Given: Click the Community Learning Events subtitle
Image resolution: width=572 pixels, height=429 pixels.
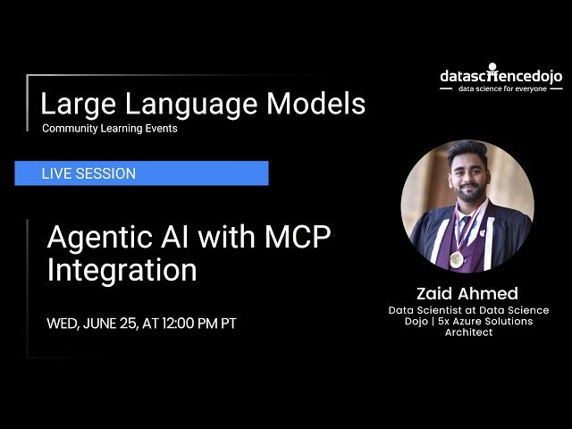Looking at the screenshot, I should coord(109,129).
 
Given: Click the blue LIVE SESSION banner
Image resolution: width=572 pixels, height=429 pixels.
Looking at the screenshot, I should coord(141,173).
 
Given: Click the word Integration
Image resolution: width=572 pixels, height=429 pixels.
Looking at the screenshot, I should coord(122,270).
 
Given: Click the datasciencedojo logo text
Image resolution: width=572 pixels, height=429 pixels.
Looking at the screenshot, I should coord(500,77).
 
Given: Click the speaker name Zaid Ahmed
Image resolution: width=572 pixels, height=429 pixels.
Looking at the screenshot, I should coord(467,293).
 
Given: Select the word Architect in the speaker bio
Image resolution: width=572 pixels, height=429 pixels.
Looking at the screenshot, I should coord(468,332).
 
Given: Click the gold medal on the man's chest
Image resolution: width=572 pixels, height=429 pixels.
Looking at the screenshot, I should coord(457,258).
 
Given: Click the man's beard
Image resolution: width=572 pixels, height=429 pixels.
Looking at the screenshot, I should coord(466,196).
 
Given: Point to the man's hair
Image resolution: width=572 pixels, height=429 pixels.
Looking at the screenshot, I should coord(465,149).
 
